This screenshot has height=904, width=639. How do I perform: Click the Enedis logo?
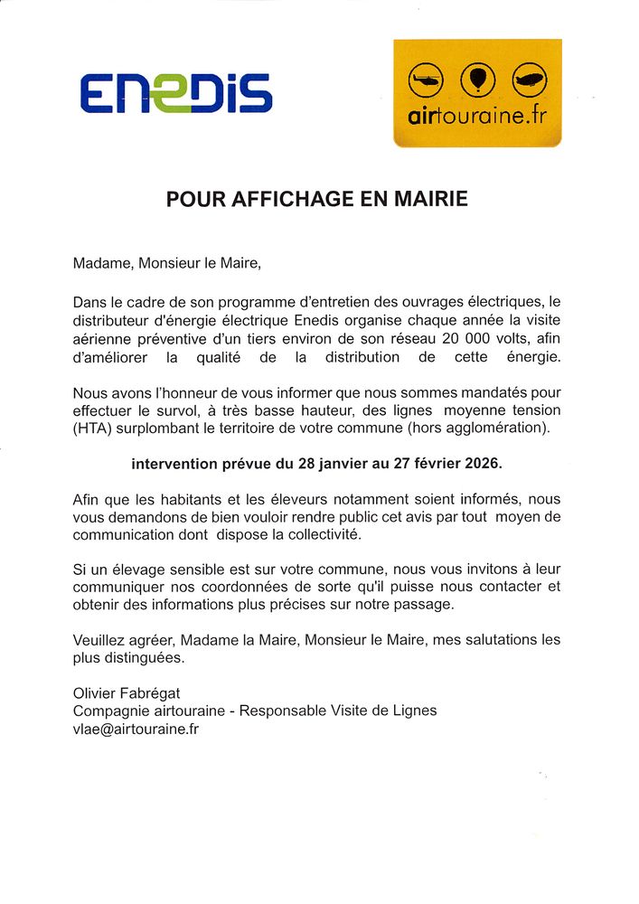(175, 93)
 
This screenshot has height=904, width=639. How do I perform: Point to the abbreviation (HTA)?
(92, 428)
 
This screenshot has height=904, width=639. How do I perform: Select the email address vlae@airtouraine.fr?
(136, 729)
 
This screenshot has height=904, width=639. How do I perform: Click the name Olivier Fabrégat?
(127, 692)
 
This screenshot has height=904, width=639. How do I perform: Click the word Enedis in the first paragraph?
(342, 320)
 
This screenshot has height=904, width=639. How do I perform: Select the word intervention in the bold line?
(175, 464)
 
